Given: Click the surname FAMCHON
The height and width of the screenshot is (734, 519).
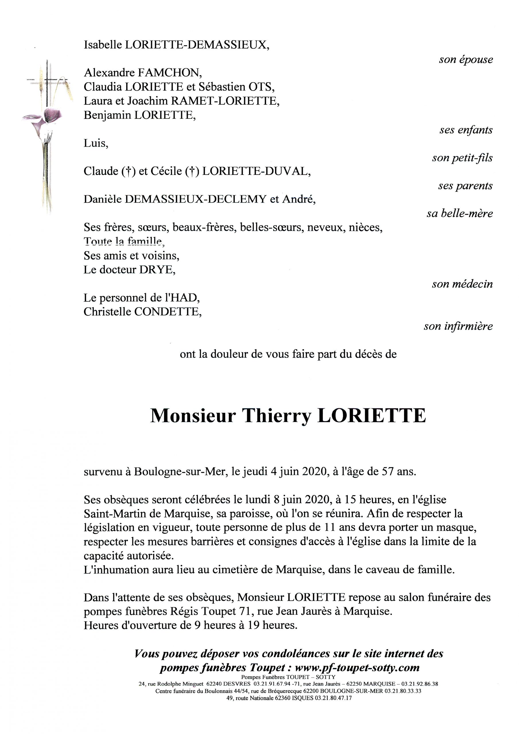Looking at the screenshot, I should click(x=169, y=73).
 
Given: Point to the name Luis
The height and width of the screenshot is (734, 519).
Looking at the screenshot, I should click(x=95, y=143).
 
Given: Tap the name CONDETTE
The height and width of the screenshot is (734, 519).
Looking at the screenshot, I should click(x=167, y=312).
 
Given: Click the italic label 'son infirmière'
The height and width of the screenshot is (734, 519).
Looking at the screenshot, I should click(x=458, y=326).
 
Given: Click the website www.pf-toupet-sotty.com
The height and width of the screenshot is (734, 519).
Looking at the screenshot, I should click(x=357, y=667).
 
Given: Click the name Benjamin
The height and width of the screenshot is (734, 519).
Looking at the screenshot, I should click(x=108, y=115).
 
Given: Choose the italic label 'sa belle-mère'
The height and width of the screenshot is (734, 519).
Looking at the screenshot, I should click(x=460, y=213).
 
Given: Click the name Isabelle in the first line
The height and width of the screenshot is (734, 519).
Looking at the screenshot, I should click(x=103, y=45).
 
